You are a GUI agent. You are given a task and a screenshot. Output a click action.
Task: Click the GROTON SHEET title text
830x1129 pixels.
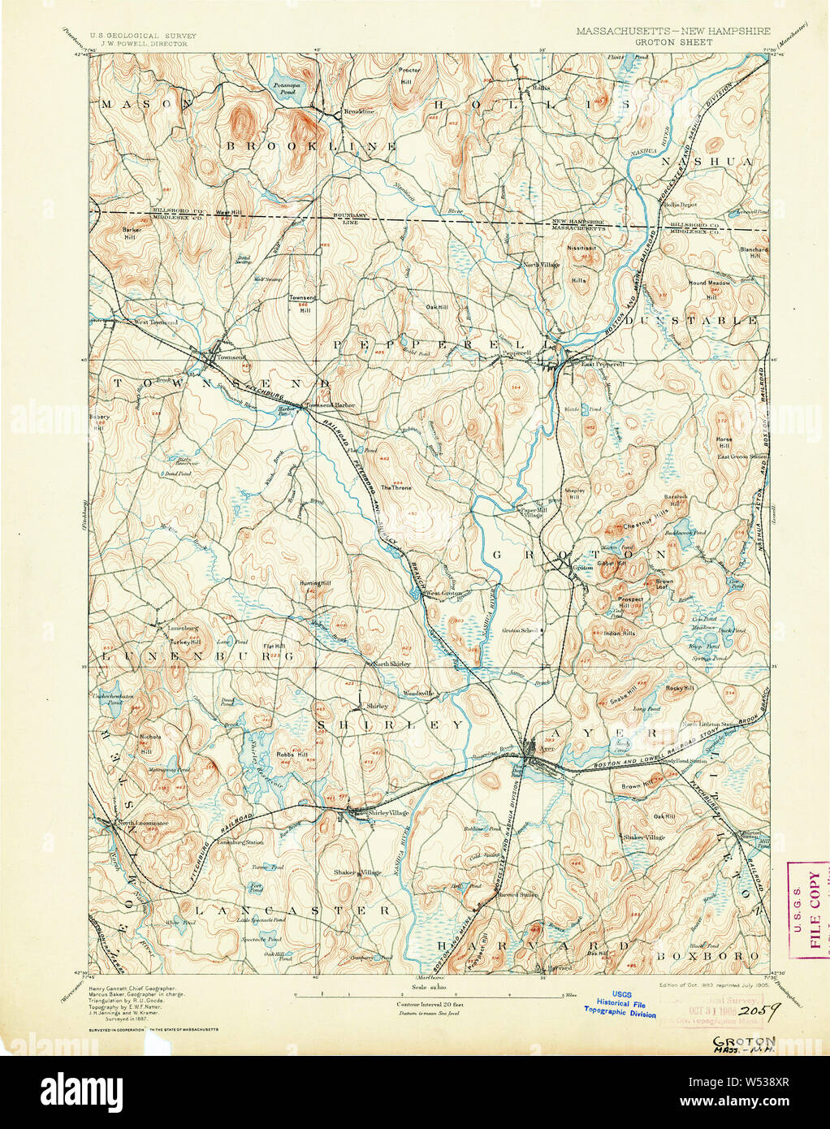673,41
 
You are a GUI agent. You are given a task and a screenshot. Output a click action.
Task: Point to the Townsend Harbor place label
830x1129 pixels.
329,404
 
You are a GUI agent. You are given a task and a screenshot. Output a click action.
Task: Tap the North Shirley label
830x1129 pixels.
391,664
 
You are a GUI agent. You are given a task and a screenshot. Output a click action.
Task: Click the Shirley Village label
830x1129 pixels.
388,813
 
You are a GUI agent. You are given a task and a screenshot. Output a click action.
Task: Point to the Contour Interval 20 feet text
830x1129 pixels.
425,1004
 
